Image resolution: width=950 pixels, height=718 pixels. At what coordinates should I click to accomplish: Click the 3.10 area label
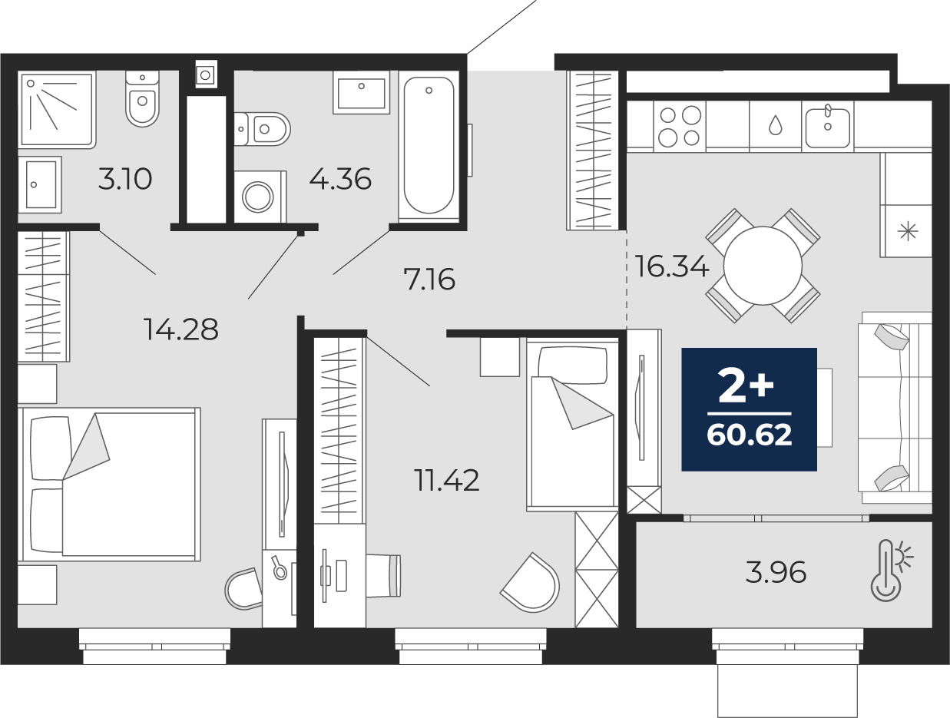click(x=125, y=180)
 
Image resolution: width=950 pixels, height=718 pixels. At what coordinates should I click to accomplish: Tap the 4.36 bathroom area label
click(x=340, y=180)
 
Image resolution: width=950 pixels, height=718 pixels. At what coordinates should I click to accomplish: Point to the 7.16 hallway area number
click(x=429, y=280)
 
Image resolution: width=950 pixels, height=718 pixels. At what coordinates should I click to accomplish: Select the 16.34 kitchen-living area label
click(x=672, y=266)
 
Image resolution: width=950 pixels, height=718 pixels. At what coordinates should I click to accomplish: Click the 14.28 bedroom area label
click(x=182, y=329)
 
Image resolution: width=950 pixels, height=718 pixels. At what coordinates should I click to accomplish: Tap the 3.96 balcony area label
click(x=776, y=572)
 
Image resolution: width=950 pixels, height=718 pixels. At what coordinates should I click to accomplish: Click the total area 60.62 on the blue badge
click(x=750, y=435)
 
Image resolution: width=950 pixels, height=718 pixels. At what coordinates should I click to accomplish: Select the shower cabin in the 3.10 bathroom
click(x=57, y=111)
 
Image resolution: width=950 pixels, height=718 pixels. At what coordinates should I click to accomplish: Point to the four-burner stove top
click(x=680, y=127)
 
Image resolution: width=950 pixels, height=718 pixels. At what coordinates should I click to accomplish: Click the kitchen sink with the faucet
click(x=828, y=127)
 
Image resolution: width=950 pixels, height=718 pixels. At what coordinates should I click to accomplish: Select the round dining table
click(x=763, y=265)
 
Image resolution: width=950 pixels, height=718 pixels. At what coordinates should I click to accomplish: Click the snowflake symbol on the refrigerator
click(x=908, y=233)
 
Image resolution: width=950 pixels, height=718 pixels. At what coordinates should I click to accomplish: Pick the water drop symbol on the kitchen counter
click(x=775, y=125)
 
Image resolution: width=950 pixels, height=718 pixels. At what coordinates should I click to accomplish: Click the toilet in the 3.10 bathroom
click(x=142, y=98)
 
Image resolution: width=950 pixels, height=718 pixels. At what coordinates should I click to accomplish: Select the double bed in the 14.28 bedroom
click(x=110, y=485)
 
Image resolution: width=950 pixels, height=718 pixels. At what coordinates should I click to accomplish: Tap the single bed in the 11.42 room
click(x=572, y=424)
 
